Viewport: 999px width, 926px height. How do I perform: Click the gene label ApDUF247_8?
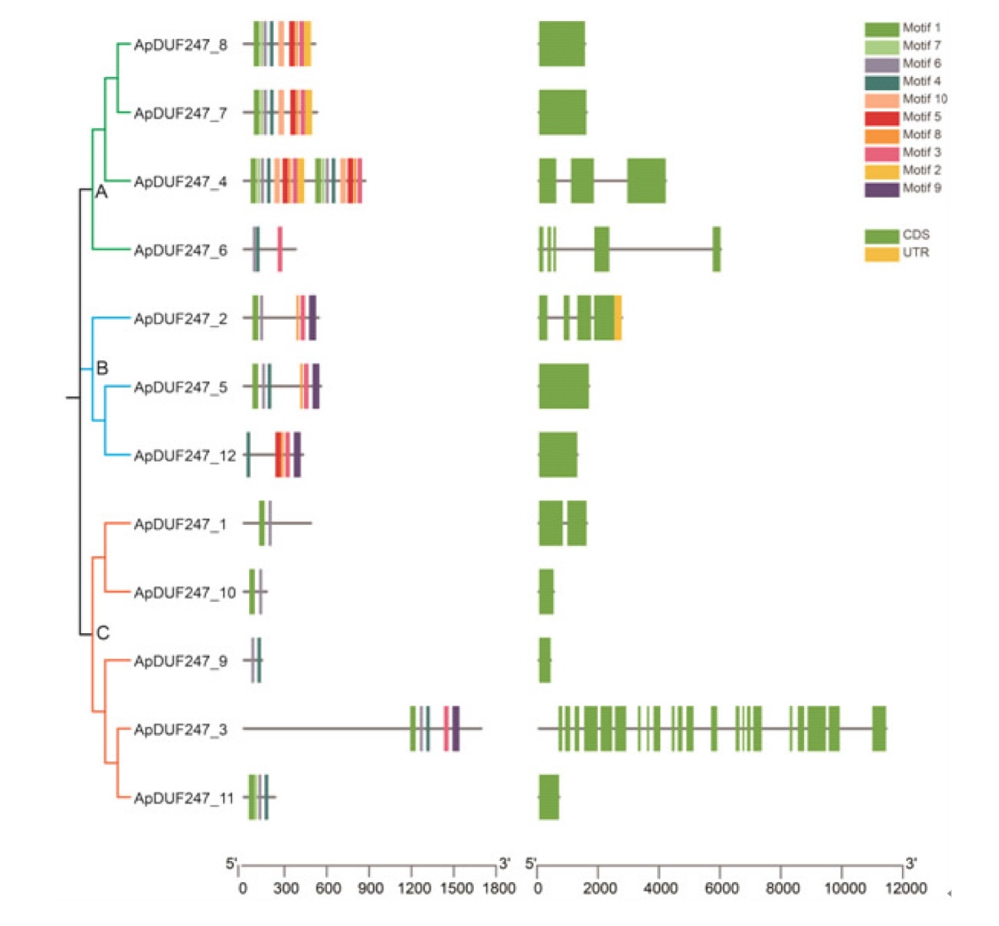pyautogui.click(x=181, y=45)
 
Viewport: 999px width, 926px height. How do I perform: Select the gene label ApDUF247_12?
pyautogui.click(x=185, y=456)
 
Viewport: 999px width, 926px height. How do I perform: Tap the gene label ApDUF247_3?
pyautogui.click(x=181, y=729)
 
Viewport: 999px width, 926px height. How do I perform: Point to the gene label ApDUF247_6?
pyautogui.click(x=181, y=250)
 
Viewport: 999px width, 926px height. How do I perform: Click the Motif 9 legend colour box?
pyautogui.click(x=881, y=188)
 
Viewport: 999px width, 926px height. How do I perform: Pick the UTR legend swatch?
pyautogui.click(x=881, y=252)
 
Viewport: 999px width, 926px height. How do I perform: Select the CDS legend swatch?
pyautogui.click(x=881, y=235)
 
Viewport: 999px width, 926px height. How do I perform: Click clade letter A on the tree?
pyautogui.click(x=101, y=192)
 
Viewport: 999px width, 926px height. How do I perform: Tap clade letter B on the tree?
pyautogui.click(x=102, y=368)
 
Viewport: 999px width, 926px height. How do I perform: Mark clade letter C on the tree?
pyautogui.click(x=103, y=633)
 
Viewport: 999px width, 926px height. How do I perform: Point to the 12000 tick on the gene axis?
pyautogui.click(x=905, y=888)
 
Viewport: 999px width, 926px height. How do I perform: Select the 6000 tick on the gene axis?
pyautogui.click(x=721, y=888)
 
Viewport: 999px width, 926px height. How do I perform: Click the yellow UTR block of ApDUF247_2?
pyautogui.click(x=618, y=318)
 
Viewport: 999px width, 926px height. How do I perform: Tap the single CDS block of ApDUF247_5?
pyautogui.click(x=563, y=387)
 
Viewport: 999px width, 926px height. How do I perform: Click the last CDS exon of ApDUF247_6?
pyautogui.click(x=716, y=250)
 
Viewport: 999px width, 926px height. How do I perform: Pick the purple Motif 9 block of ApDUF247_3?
pyautogui.click(x=456, y=728)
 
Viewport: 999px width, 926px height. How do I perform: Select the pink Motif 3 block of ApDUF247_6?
pyautogui.click(x=280, y=250)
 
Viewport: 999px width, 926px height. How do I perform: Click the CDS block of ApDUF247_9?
pyautogui.click(x=545, y=660)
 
